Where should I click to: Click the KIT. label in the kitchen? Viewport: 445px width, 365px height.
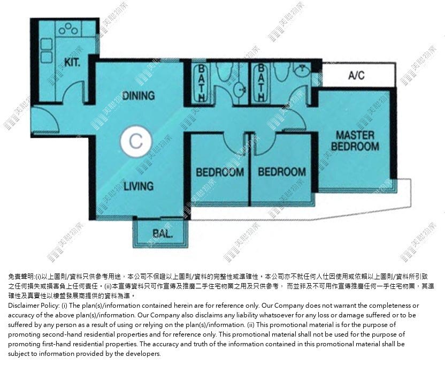coord(72,62)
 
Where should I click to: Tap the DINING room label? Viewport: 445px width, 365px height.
coord(139,95)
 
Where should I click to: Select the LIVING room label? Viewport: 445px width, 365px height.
coord(139,186)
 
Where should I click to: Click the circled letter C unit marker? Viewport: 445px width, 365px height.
coord(136,141)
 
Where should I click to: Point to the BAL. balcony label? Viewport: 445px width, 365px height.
coord(163,234)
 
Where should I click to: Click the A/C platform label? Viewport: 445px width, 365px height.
coord(356,75)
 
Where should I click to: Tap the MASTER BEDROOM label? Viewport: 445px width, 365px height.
coord(355,141)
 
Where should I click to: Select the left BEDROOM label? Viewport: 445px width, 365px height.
coord(220,172)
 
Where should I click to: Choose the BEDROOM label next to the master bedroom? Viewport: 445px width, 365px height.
coord(282,172)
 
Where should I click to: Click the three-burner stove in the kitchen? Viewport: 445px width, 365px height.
coord(68,29)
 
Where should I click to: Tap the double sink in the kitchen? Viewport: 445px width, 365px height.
coord(47,50)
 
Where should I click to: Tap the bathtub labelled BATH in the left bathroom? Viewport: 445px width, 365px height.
coord(202,82)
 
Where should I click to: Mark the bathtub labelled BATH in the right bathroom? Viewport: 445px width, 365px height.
coord(261,82)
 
